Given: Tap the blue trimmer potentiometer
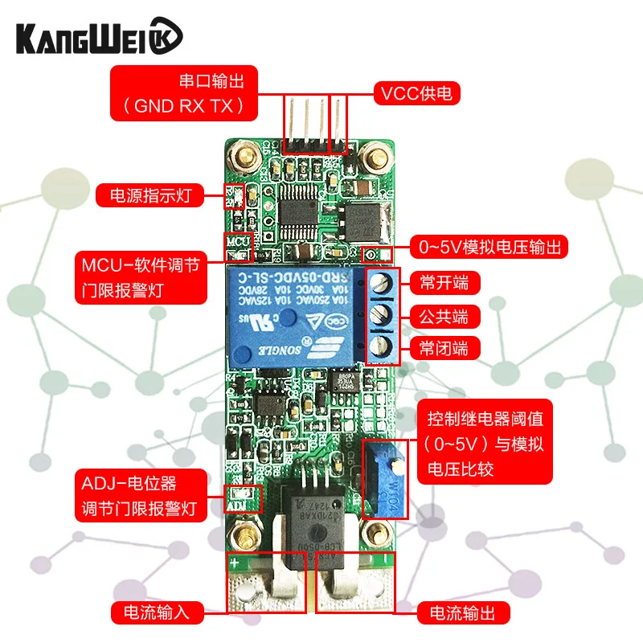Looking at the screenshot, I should [x=387, y=481].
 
